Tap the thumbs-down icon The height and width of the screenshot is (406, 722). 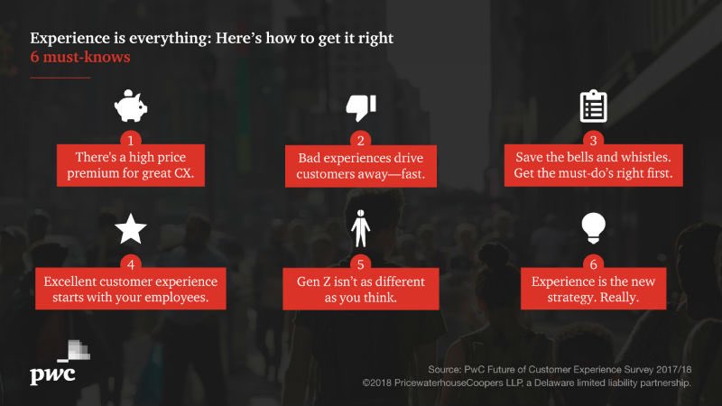(x=360, y=106)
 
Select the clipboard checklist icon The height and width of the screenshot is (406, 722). (x=591, y=106)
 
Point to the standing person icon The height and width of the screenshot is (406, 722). (x=360, y=229)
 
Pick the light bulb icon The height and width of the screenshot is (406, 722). (x=591, y=230)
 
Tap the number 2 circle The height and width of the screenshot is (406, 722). (x=360, y=141)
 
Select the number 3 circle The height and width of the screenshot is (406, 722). (x=591, y=141)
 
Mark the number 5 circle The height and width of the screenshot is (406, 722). (x=360, y=265)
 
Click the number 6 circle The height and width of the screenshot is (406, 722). (x=591, y=265)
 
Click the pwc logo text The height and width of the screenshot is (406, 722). (x=55, y=374)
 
